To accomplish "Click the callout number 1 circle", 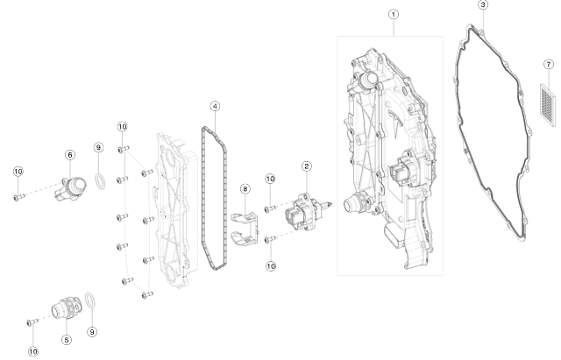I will point(394,14).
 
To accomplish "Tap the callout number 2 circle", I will point(306,166).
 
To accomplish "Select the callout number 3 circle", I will point(483,5).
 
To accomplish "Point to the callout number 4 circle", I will point(215,106).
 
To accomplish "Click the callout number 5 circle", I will point(66,339).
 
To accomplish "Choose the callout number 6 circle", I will point(69,154).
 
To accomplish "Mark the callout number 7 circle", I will point(547,64).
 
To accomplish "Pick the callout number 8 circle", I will point(245,188).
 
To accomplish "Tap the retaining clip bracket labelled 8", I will point(246,223).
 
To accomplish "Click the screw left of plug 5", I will point(32,322).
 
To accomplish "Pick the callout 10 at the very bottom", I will point(33,351).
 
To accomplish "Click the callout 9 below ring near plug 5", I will point(92,332).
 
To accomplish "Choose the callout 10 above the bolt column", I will point(122,126).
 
